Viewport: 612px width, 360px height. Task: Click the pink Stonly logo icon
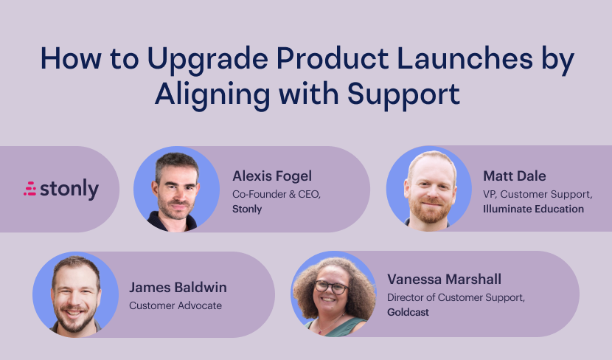30,189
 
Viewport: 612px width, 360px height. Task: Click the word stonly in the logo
69,189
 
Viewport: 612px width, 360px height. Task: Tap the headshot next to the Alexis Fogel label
176,190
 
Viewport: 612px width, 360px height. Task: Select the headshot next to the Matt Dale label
429,189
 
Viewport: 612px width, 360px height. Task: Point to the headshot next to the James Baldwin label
76,295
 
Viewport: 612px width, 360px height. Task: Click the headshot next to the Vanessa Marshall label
333,294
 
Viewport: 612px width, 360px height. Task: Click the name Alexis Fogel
272,176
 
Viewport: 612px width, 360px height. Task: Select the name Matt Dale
515,176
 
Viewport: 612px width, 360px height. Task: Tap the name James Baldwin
178,288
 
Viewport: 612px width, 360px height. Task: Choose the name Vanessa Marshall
444,279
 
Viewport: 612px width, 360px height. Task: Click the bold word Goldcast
408,312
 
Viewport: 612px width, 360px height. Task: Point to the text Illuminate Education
534,209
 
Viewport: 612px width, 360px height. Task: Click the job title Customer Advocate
175,305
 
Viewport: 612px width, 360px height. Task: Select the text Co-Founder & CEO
277,195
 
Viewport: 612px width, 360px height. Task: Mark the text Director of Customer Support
456,298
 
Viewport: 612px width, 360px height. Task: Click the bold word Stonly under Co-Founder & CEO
247,210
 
